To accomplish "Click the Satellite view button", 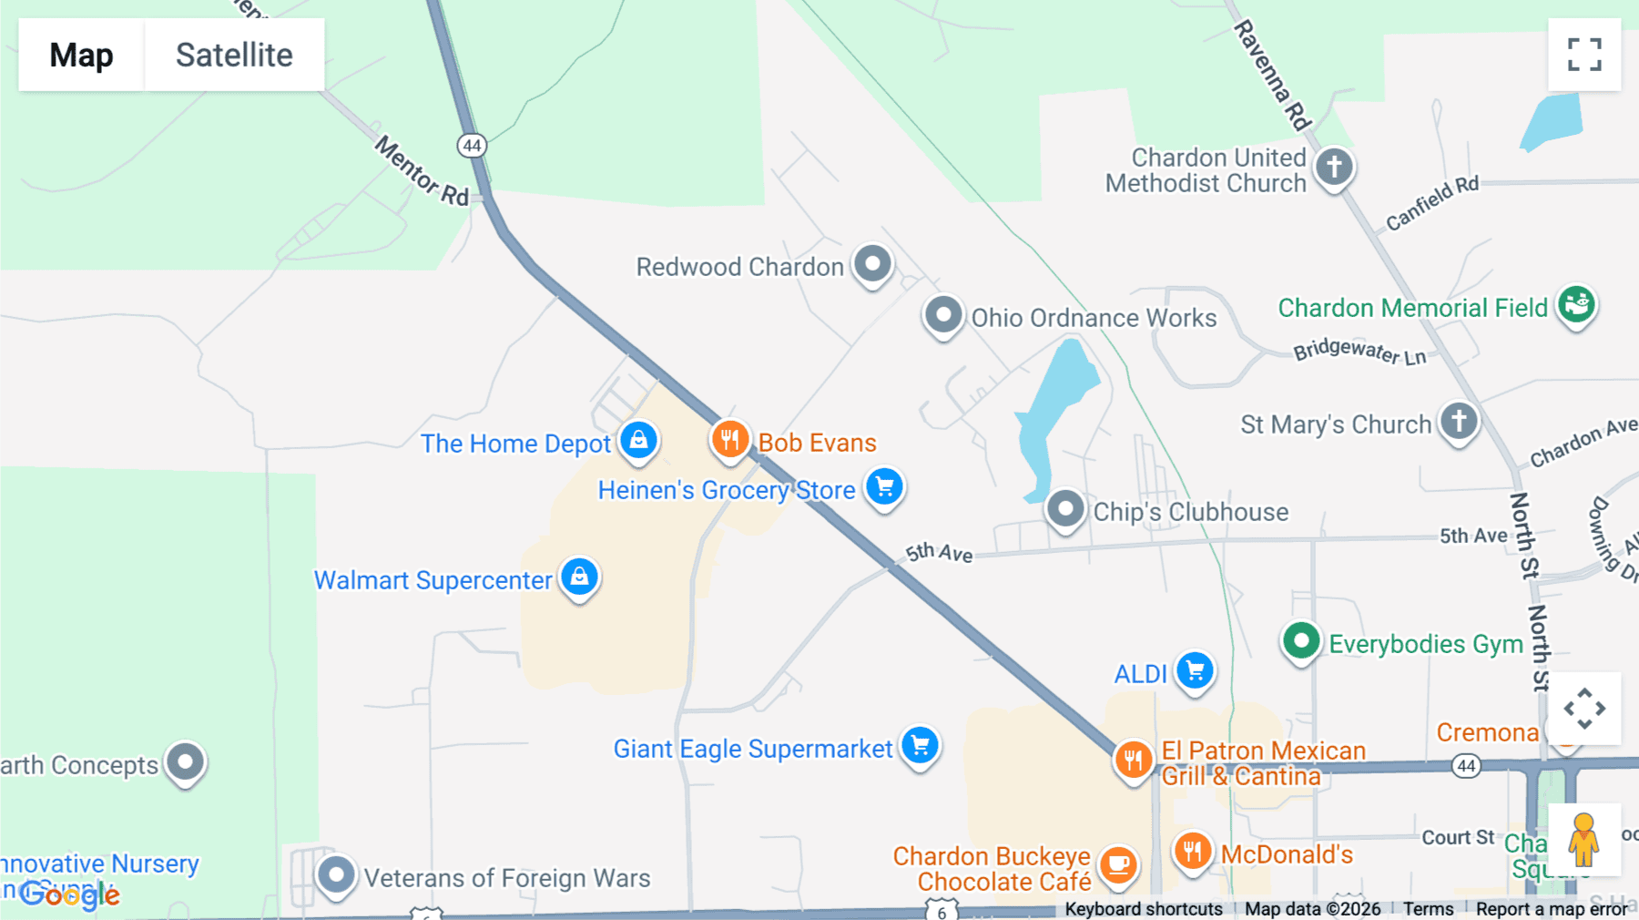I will tap(234, 55).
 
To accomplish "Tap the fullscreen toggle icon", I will tap(1584, 55).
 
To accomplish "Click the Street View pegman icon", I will tap(1583, 839).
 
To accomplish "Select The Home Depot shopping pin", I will tap(638, 441).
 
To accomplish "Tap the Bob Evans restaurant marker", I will tap(729, 440).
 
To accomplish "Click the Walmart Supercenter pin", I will tap(579, 578).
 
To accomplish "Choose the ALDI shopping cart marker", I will tap(1195, 672).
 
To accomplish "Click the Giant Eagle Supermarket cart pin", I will tap(920, 746).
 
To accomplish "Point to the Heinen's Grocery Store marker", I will tap(884, 487).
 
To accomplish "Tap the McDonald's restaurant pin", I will tap(1192, 853).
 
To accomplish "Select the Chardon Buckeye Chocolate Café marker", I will tap(1118, 865).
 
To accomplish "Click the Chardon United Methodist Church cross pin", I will tap(1334, 168).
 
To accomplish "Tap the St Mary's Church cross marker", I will tap(1459, 422).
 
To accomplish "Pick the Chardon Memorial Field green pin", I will tap(1576, 304).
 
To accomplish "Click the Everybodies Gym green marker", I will tap(1301, 642).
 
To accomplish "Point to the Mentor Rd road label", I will tap(422, 171).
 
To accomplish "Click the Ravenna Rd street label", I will tap(1272, 76).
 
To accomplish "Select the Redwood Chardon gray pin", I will tap(872, 264).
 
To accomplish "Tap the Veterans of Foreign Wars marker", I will tap(336, 875).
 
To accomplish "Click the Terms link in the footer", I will tap(1428, 909).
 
